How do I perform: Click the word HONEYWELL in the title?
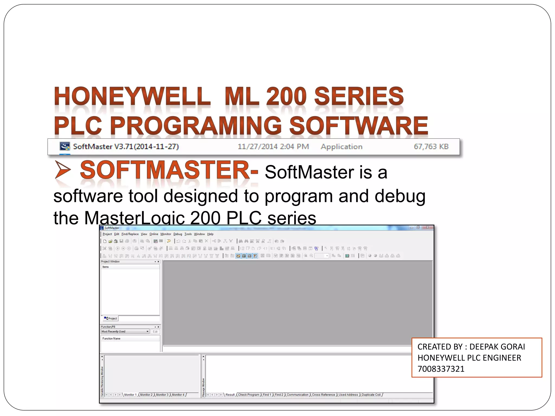pyautogui.click(x=132, y=96)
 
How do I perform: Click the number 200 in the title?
pyautogui.click(x=286, y=96)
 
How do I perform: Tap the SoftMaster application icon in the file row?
pyautogui.click(x=64, y=147)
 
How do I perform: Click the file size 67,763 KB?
pyautogui.click(x=431, y=147)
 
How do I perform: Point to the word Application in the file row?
pyautogui.click(x=341, y=147)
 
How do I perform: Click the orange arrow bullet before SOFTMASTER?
pyautogui.click(x=63, y=170)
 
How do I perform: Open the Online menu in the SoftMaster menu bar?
pyautogui.click(x=154, y=234)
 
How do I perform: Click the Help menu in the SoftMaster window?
pyautogui.click(x=210, y=234)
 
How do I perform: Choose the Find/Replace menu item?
pyautogui.click(x=130, y=234)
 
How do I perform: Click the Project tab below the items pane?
pyautogui.click(x=111, y=318)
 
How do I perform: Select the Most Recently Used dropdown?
pyautogui.click(x=125, y=331)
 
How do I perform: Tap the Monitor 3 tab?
pyautogui.click(x=162, y=395)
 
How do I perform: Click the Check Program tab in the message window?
pyautogui.click(x=249, y=395)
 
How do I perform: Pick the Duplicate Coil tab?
pyautogui.click(x=371, y=395)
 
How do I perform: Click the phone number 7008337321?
pyautogui.click(x=441, y=369)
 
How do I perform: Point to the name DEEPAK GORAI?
pyautogui.click(x=497, y=347)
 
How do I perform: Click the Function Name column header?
pyautogui.click(x=111, y=339)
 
